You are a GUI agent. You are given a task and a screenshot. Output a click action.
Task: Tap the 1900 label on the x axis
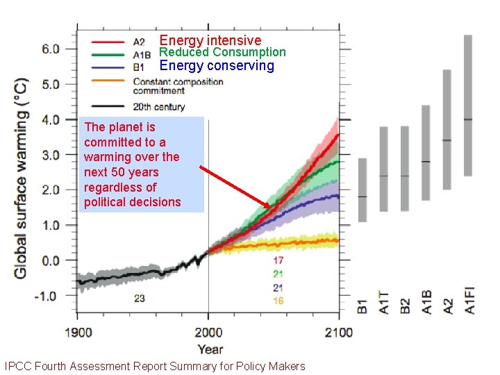78,332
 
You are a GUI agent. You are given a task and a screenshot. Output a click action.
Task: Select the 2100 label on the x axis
338,332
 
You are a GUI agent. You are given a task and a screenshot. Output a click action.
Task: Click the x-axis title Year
210,349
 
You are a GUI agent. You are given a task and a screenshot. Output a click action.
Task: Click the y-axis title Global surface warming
21,178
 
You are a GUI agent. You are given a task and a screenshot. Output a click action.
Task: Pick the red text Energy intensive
210,40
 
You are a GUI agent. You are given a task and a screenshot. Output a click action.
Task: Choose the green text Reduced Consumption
222,52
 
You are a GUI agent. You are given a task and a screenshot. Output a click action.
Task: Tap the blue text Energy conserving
217,66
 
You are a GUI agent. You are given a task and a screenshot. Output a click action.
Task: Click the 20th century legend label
159,107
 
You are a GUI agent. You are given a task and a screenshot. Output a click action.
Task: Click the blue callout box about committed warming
142,165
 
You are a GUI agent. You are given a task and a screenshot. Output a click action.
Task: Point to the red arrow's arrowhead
274,205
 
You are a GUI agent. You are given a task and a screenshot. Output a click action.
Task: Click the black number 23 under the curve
140,299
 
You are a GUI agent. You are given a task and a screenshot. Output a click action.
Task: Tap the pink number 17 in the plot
278,260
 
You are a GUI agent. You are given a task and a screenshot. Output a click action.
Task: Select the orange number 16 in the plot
278,301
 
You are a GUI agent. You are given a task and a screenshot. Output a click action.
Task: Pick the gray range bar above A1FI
468,105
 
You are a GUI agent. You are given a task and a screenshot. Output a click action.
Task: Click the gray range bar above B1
362,190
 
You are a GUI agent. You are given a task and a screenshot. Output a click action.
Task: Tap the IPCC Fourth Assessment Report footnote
154,366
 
